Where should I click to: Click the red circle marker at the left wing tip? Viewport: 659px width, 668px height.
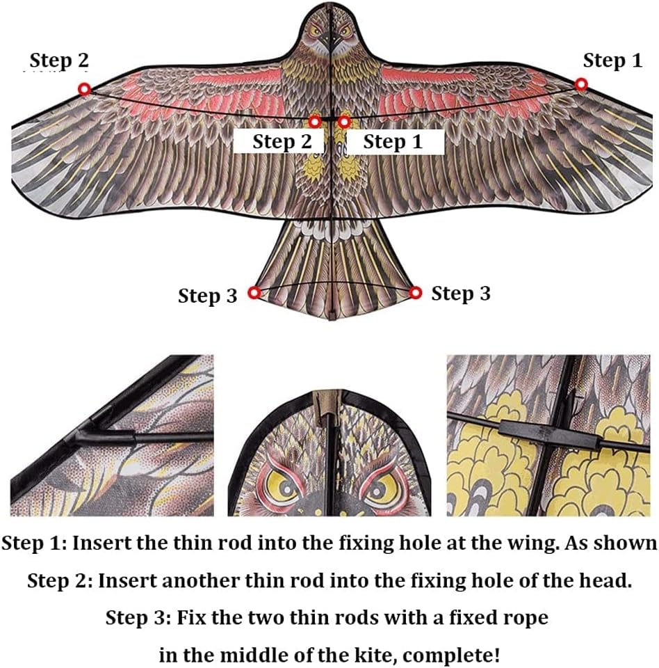click(x=85, y=90)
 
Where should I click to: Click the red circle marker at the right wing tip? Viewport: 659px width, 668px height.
click(x=581, y=84)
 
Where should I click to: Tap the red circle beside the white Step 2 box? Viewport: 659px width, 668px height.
click(x=315, y=122)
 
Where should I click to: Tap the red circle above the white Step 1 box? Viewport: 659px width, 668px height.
click(x=344, y=122)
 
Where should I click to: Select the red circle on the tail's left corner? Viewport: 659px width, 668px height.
click(x=254, y=293)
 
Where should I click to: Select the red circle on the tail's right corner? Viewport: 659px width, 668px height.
click(x=416, y=293)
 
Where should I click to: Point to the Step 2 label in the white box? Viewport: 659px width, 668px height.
click(x=282, y=142)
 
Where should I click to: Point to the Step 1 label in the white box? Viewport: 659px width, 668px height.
click(x=393, y=142)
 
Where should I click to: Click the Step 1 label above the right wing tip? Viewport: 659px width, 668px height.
click(x=612, y=61)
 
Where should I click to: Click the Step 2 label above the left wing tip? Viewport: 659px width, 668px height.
click(x=59, y=61)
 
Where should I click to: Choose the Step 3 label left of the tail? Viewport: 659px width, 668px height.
click(x=207, y=296)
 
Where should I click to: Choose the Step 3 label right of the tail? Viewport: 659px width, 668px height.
click(x=461, y=294)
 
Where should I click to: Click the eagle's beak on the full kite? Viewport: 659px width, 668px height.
click(x=331, y=42)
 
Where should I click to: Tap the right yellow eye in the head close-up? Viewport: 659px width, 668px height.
click(x=380, y=486)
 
